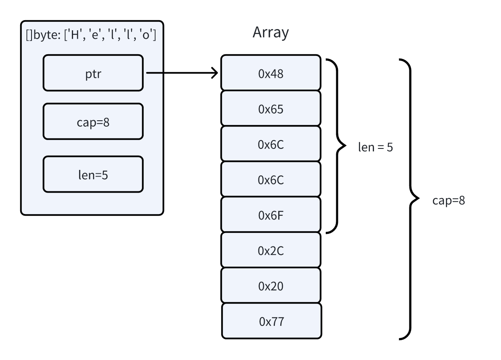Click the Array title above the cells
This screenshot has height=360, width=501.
click(x=271, y=32)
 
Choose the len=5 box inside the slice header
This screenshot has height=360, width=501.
click(x=93, y=174)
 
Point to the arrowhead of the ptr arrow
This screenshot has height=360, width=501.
click(x=215, y=73)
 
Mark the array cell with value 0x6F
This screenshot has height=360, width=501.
click(x=271, y=215)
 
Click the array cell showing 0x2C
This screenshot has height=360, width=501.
click(x=271, y=250)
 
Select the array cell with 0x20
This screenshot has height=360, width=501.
click(x=271, y=286)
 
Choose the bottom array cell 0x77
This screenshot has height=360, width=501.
click(x=271, y=321)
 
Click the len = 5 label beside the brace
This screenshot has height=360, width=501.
click(x=375, y=148)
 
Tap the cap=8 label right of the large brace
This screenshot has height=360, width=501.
click(x=448, y=200)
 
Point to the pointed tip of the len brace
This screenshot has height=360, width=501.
click(x=344, y=146)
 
